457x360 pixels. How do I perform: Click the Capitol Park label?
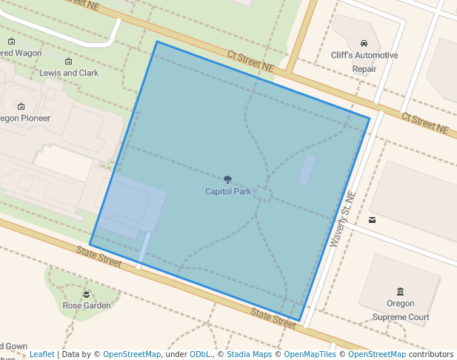pos(228,192)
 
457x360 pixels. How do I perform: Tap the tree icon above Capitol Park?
pos(228,179)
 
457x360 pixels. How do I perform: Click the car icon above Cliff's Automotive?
pos(364,44)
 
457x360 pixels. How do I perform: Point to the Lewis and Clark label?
pos(69,73)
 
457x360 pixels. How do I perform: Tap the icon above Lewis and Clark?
pos(69,61)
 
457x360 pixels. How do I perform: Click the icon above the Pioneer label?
pos(21,106)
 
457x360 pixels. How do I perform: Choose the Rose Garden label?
pos(87,305)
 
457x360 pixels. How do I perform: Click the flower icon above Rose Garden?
pos(87,293)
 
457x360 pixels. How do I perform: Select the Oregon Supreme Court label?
pos(401,310)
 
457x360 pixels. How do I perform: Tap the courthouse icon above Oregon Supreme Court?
pos(401,291)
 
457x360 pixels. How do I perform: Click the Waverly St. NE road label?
pos(343,220)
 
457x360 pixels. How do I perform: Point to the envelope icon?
pos(372,220)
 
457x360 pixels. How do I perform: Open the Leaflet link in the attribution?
pos(42,354)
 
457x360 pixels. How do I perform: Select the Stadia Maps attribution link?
pos(249,354)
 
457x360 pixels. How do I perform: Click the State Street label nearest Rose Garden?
pos(99,256)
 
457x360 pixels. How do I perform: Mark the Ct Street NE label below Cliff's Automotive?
pos(425,123)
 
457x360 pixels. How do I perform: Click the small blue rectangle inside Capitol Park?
pos(307,170)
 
